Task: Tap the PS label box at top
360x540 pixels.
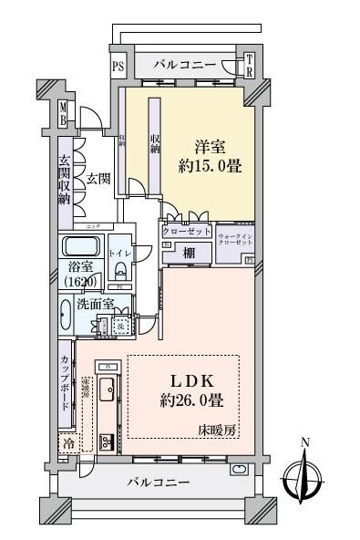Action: tap(118, 66)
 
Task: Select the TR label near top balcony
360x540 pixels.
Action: tap(248, 65)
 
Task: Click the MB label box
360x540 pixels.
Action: tap(63, 116)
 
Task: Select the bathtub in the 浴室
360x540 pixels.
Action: tap(81, 249)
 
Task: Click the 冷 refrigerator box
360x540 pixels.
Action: tap(68, 443)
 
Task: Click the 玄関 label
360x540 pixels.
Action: tap(98, 178)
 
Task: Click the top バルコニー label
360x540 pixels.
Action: tap(184, 65)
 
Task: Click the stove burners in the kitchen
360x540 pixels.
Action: tap(106, 442)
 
